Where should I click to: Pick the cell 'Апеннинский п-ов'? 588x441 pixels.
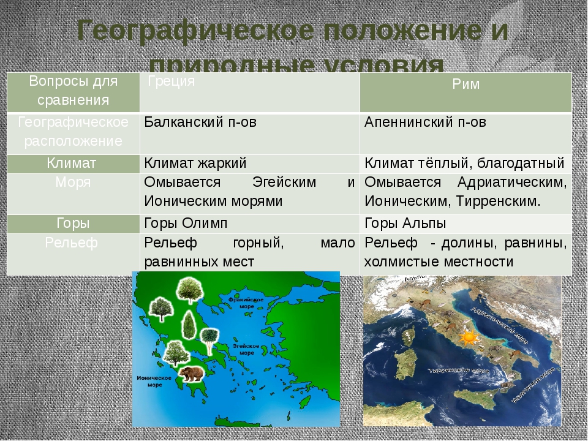(425, 121)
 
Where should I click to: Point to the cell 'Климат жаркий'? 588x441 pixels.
(195, 162)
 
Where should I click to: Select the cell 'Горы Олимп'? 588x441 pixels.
(186, 222)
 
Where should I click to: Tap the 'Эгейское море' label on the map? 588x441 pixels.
(247, 349)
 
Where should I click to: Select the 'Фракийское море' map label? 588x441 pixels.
(246, 303)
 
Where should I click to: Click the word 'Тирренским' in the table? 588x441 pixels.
(500, 201)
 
